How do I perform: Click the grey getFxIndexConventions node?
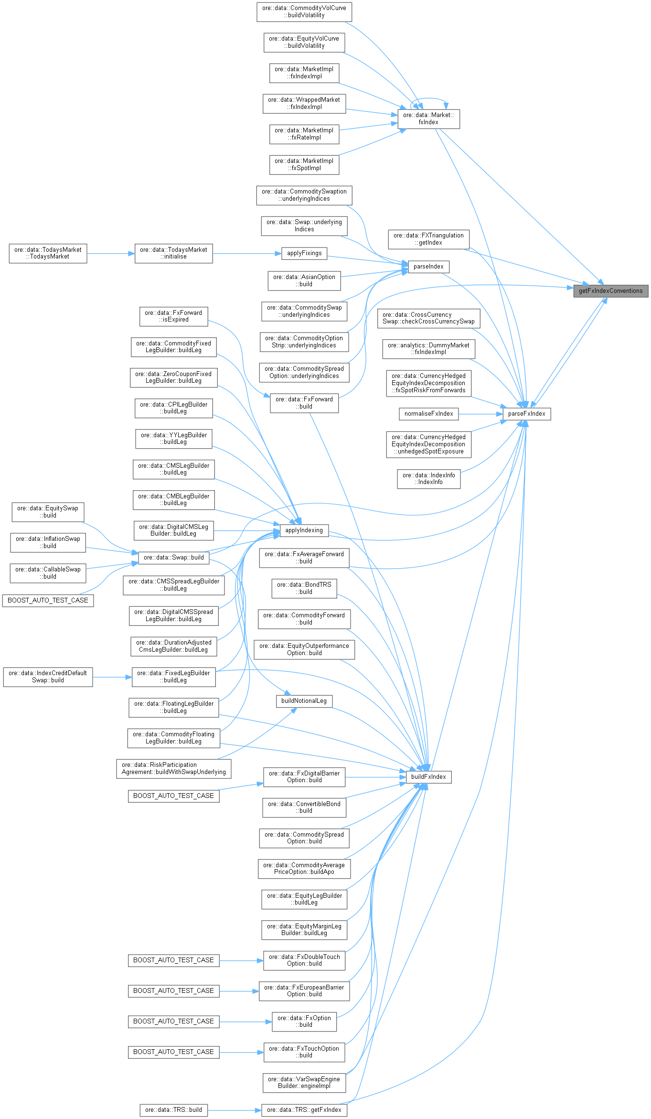click(610, 291)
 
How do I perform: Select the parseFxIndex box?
click(526, 414)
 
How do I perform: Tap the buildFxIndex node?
click(428, 777)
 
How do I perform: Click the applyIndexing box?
click(304, 530)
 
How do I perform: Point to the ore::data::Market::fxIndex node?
click(428, 118)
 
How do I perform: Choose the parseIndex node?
click(428, 267)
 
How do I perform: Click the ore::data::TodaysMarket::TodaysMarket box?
click(48, 253)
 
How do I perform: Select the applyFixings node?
click(304, 253)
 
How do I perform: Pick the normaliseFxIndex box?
click(428, 414)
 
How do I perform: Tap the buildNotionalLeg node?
click(304, 701)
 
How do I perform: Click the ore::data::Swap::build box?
click(173, 558)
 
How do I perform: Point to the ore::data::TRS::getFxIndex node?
click(304, 1110)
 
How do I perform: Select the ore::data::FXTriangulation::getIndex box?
click(428, 239)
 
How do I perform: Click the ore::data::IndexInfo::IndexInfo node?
click(428, 479)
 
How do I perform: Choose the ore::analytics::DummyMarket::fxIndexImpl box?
click(428, 349)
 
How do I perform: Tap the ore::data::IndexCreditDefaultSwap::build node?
click(48, 677)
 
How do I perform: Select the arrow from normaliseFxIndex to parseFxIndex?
click(480, 414)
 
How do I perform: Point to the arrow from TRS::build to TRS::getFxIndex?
click(235, 1110)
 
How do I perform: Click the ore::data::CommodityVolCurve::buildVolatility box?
click(304, 12)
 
